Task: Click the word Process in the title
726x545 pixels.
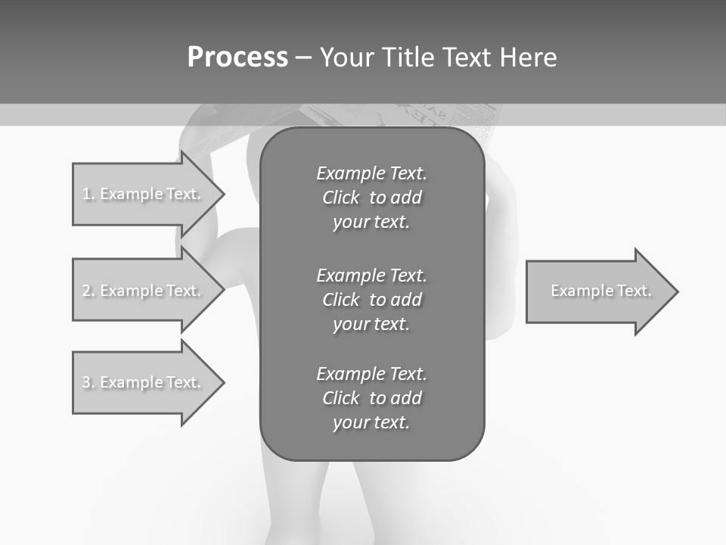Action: [237, 58]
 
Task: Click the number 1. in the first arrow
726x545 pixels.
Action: [88, 194]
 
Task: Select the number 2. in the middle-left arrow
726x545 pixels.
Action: [88, 291]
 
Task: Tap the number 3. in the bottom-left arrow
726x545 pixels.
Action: [88, 382]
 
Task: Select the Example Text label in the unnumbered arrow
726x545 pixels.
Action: [600, 291]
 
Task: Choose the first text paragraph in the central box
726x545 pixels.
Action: [371, 198]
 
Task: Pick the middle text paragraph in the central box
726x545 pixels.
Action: [371, 299]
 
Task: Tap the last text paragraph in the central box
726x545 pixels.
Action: [371, 398]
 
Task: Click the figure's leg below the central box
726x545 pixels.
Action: [302, 500]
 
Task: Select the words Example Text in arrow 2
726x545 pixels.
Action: [150, 291]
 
